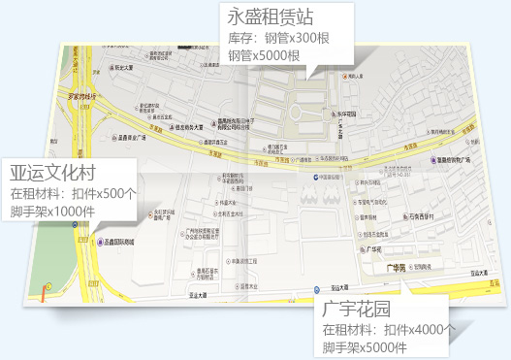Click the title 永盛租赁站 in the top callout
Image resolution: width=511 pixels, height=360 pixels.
[x=272, y=16]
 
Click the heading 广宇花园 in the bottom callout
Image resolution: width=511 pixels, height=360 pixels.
[x=357, y=311]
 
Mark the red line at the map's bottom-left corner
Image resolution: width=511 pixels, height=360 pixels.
[x=45, y=296]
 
